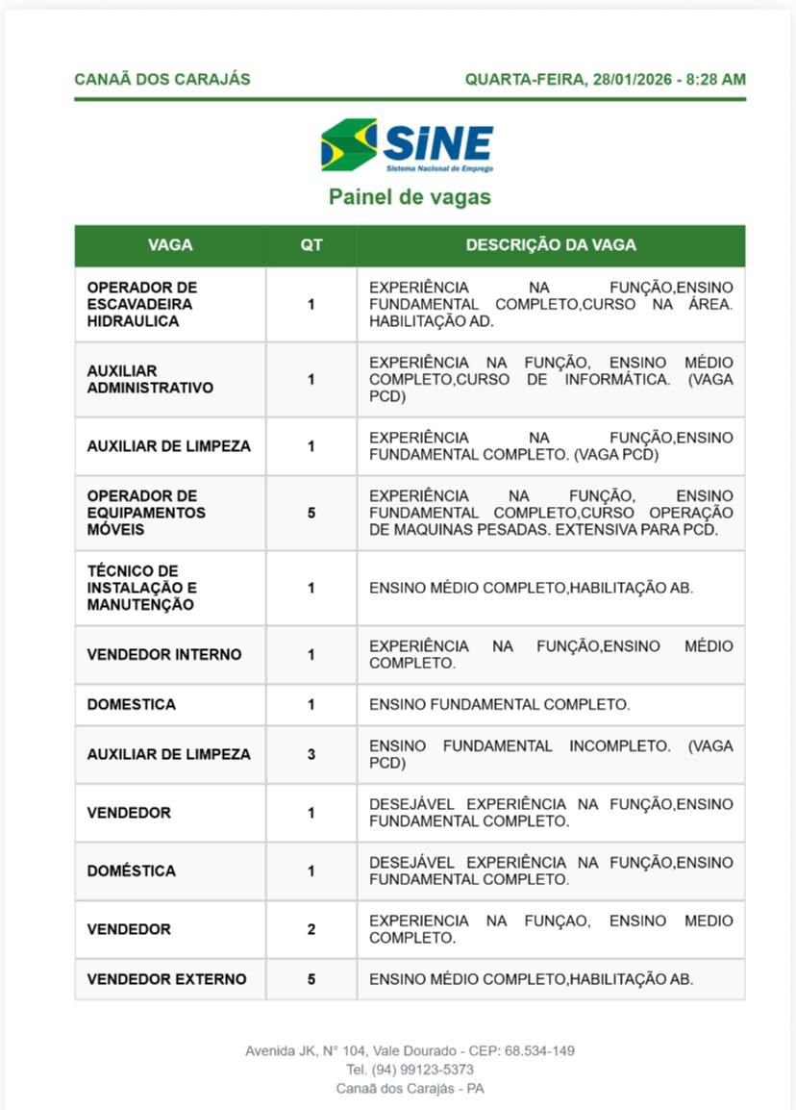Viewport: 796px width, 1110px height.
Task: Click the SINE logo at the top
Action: (x=407, y=145)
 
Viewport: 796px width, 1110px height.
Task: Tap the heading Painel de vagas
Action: (x=410, y=197)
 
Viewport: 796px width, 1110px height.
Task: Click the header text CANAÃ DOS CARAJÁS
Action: (x=162, y=80)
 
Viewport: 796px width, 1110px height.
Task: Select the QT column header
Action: (x=311, y=245)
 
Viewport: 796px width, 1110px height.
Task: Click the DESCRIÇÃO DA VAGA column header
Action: (x=551, y=245)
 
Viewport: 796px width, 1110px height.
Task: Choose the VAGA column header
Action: (x=170, y=245)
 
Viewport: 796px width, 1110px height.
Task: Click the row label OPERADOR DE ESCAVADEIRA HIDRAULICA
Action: (x=141, y=304)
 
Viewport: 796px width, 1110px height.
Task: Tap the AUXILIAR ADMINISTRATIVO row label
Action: (x=150, y=379)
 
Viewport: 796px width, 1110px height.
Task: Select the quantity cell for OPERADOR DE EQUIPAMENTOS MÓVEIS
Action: (x=311, y=513)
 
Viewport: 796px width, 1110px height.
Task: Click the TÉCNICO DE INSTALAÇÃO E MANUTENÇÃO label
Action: (x=141, y=588)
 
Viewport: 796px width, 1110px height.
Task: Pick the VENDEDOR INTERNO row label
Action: (x=164, y=654)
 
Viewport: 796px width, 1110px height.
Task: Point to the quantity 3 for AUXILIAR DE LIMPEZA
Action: (x=311, y=754)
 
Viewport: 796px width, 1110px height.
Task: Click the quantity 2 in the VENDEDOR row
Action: (x=311, y=929)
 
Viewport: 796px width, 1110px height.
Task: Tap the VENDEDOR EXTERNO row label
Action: (x=166, y=979)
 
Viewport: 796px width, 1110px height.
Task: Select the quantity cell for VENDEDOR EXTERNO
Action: (x=311, y=979)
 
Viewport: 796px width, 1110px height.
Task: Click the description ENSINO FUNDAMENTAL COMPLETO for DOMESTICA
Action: (x=499, y=704)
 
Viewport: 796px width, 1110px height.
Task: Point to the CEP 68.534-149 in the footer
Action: (x=540, y=1050)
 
